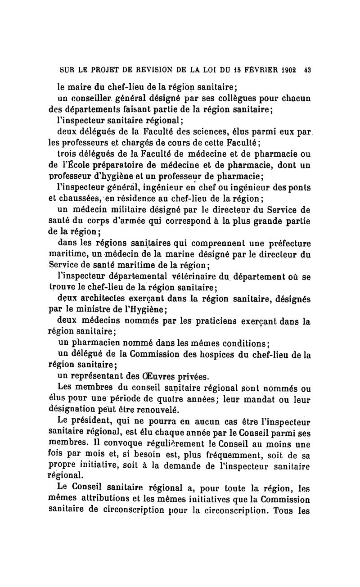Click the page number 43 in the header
click(x=308, y=71)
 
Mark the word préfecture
click(x=288, y=244)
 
